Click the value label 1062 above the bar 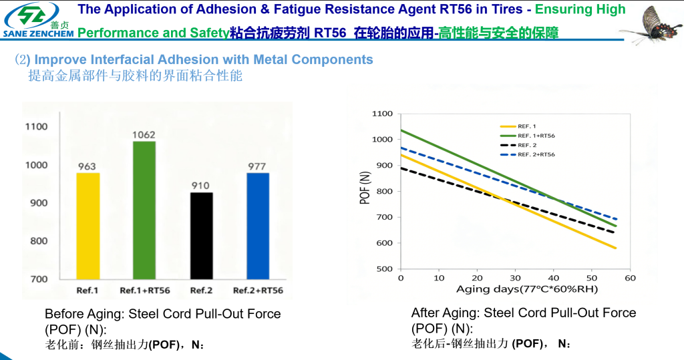point(144,134)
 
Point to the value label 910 point(201,185)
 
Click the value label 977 point(257,166)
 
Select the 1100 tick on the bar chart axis point(36,126)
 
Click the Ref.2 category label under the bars point(201,291)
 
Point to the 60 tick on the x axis point(630,277)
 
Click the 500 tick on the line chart point(384,268)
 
